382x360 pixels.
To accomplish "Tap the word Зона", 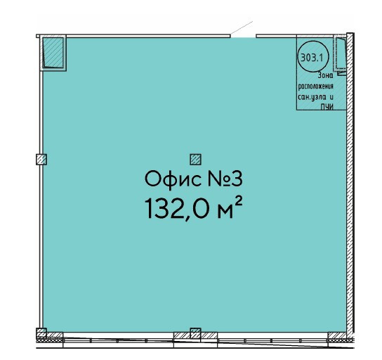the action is click(326, 76).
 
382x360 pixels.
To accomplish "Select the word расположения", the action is click(316, 86).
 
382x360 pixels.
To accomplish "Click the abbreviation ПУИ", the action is click(327, 107).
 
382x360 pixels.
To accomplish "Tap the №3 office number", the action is click(225, 179).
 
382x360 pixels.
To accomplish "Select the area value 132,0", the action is click(178, 209).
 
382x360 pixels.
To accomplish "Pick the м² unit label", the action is click(230, 208).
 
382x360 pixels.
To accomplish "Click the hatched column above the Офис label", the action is click(195, 160).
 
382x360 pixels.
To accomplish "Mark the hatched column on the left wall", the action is click(41, 160).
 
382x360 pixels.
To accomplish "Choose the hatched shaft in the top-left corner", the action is click(53, 53).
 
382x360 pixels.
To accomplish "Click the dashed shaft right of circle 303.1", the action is click(341, 55).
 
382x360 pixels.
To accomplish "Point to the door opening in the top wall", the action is click(243, 36).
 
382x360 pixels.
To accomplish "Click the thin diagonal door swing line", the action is click(242, 28).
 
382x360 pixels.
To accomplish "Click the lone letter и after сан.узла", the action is click(331, 97).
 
